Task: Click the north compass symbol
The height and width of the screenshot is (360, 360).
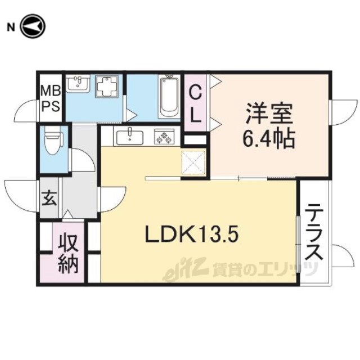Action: tap(33, 26)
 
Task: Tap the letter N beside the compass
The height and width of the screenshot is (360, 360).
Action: tap(11, 28)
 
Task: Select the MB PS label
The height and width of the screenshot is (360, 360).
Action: tap(51, 98)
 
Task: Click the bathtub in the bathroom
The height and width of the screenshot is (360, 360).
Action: tap(169, 97)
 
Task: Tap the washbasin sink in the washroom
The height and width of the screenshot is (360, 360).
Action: tap(78, 84)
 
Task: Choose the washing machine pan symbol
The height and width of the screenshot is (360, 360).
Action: tap(107, 86)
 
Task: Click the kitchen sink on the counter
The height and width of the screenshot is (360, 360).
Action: tap(130, 137)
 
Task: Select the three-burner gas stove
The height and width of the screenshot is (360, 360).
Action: tap(164, 137)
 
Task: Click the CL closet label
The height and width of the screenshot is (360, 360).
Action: tap(195, 105)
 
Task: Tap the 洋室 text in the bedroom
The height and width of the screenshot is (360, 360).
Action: tap(269, 114)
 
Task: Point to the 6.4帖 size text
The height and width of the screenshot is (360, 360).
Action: tap(269, 138)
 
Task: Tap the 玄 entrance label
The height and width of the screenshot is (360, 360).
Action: tap(49, 199)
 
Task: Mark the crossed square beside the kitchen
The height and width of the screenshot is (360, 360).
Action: tap(193, 163)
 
